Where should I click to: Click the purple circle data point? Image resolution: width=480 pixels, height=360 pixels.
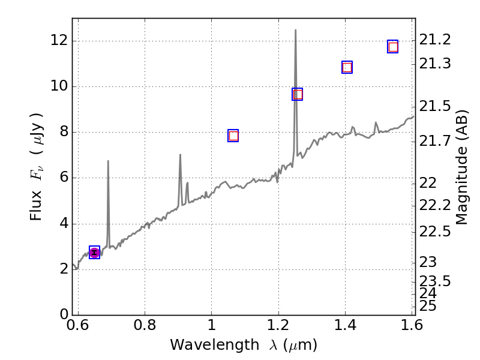[x=94, y=253]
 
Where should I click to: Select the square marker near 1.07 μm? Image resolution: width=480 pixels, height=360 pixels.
[x=233, y=136]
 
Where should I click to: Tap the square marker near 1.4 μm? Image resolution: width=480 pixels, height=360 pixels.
[x=347, y=67]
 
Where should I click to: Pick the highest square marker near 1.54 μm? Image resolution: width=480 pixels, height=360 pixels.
[x=393, y=47]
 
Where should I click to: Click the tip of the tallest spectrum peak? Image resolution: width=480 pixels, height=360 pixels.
[x=295, y=30]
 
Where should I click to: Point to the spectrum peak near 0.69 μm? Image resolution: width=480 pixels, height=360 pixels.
[x=108, y=161]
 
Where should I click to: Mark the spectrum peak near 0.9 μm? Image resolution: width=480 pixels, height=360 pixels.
[x=180, y=155]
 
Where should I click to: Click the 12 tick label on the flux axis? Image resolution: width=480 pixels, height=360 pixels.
[x=58, y=41]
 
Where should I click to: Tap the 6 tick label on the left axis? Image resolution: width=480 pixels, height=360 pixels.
[x=62, y=178]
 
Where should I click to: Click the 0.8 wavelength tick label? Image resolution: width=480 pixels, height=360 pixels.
[x=145, y=326]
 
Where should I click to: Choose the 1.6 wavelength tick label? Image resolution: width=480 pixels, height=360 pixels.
[x=413, y=326]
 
